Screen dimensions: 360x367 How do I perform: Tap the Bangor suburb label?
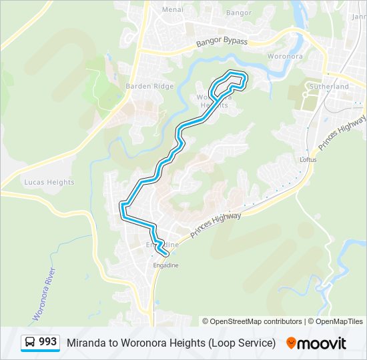pos(238,13)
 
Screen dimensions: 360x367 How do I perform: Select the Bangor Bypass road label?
pos(222,42)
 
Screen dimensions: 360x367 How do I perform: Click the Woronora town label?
pos(285,57)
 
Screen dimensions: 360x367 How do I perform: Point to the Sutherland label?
pos(328,87)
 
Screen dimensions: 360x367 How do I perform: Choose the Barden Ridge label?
pos(149,86)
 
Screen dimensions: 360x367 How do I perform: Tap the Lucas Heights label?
pos(49,182)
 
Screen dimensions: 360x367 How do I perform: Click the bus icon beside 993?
pos(30,342)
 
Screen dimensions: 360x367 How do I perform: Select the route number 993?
pos(48,342)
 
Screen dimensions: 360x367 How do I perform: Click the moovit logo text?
pos(322,343)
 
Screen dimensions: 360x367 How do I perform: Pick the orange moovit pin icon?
pos(291,343)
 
